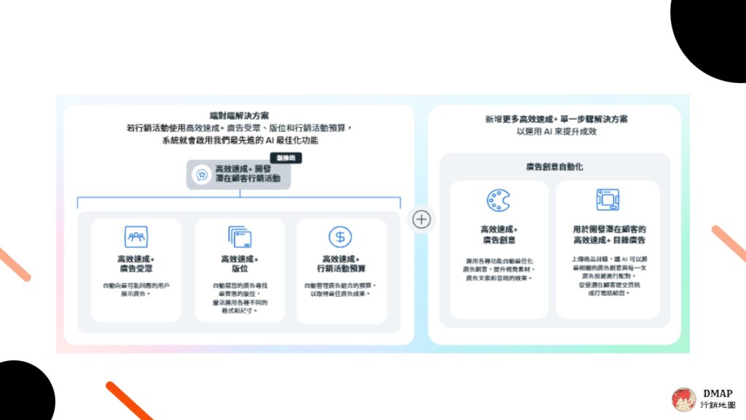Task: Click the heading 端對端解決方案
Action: click(239, 115)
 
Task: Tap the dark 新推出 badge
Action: click(286, 157)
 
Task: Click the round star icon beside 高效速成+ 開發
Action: click(201, 175)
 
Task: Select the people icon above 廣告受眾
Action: click(136, 236)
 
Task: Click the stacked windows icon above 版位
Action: click(240, 237)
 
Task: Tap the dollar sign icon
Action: click(340, 236)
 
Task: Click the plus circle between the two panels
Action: click(422, 219)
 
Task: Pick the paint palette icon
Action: click(499, 201)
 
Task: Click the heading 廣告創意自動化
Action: click(554, 167)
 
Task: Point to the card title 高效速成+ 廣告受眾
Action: click(136, 264)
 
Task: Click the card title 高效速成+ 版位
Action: click(240, 264)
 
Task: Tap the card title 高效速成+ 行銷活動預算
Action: click(341, 264)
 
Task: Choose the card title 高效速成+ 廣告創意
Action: click(499, 234)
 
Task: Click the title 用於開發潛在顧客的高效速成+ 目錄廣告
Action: click(609, 234)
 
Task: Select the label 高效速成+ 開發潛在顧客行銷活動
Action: click(247, 173)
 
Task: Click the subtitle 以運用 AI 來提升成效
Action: click(555, 131)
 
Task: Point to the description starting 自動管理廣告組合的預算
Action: click(341, 289)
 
